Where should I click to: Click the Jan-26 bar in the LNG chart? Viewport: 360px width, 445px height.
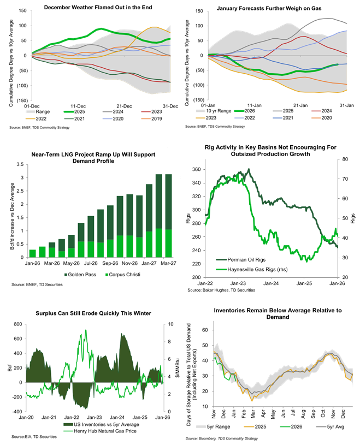[32, 253]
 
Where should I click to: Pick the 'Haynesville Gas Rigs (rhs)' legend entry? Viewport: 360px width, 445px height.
[251, 269]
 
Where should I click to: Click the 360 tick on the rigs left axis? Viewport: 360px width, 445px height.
[194, 170]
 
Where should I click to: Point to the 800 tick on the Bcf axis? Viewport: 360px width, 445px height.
[19, 324]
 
